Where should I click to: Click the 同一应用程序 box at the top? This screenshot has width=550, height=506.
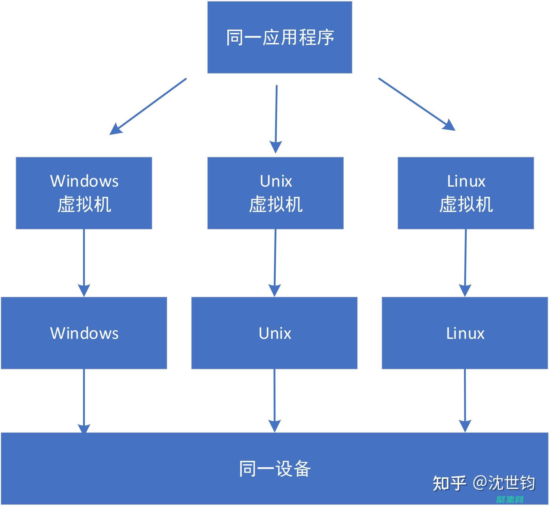[280, 37]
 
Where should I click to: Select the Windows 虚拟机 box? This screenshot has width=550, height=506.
[84, 193]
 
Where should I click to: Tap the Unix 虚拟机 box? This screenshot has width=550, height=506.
[275, 193]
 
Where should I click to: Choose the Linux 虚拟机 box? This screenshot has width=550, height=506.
[466, 193]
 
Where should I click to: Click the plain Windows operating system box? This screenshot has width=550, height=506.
[84, 333]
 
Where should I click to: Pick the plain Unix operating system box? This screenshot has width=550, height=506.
[274, 333]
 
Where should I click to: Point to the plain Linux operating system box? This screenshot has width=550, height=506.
[465, 333]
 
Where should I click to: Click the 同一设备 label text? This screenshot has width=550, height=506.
[275, 469]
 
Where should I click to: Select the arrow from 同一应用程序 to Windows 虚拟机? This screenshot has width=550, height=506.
[148, 106]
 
